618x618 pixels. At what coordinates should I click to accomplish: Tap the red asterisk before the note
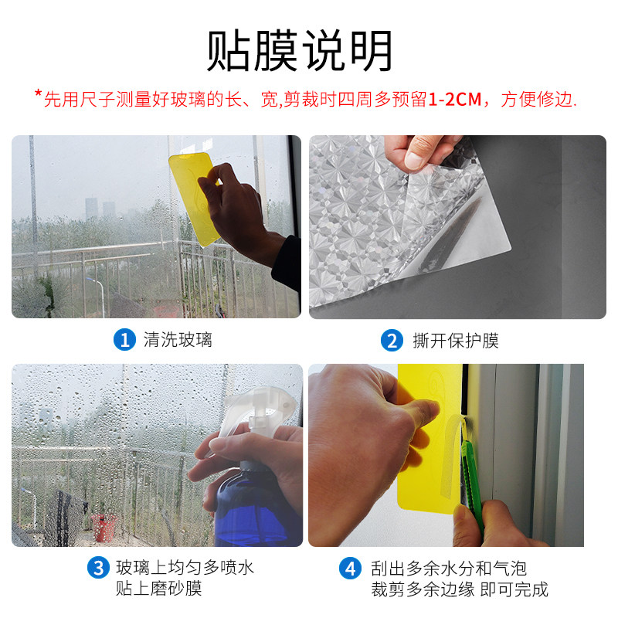point(38,95)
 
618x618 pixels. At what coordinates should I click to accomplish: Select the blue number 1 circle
point(124,340)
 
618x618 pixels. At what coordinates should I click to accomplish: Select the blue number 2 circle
point(392,340)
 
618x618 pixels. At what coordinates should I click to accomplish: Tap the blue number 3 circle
point(97,569)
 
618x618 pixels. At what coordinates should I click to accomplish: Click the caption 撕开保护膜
point(456,340)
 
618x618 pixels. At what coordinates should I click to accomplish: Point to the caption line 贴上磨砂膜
point(158,589)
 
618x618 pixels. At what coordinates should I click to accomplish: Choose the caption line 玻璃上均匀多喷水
point(185,569)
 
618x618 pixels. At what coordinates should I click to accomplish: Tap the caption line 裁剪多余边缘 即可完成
point(459,589)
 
